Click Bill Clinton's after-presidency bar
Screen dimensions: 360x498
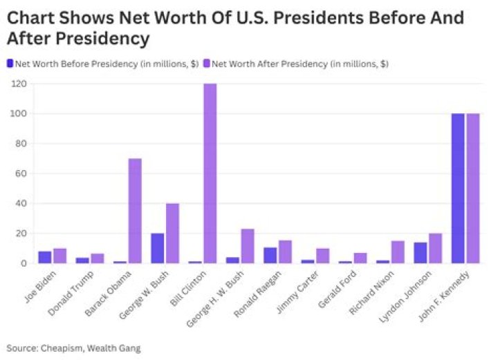(x=210, y=173)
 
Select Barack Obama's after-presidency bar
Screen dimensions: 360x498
(x=135, y=211)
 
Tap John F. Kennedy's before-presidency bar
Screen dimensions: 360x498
(x=458, y=188)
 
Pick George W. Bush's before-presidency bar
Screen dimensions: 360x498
(x=158, y=248)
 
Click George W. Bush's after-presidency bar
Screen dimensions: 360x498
(x=172, y=234)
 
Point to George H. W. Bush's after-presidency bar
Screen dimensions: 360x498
(x=248, y=246)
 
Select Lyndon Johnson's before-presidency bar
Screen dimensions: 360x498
(x=421, y=253)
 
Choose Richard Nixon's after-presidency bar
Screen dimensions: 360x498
(x=398, y=252)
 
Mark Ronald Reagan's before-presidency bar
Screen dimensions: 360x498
(x=270, y=255)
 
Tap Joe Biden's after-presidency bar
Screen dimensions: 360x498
(x=60, y=256)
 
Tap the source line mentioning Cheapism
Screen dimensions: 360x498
(x=73, y=348)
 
